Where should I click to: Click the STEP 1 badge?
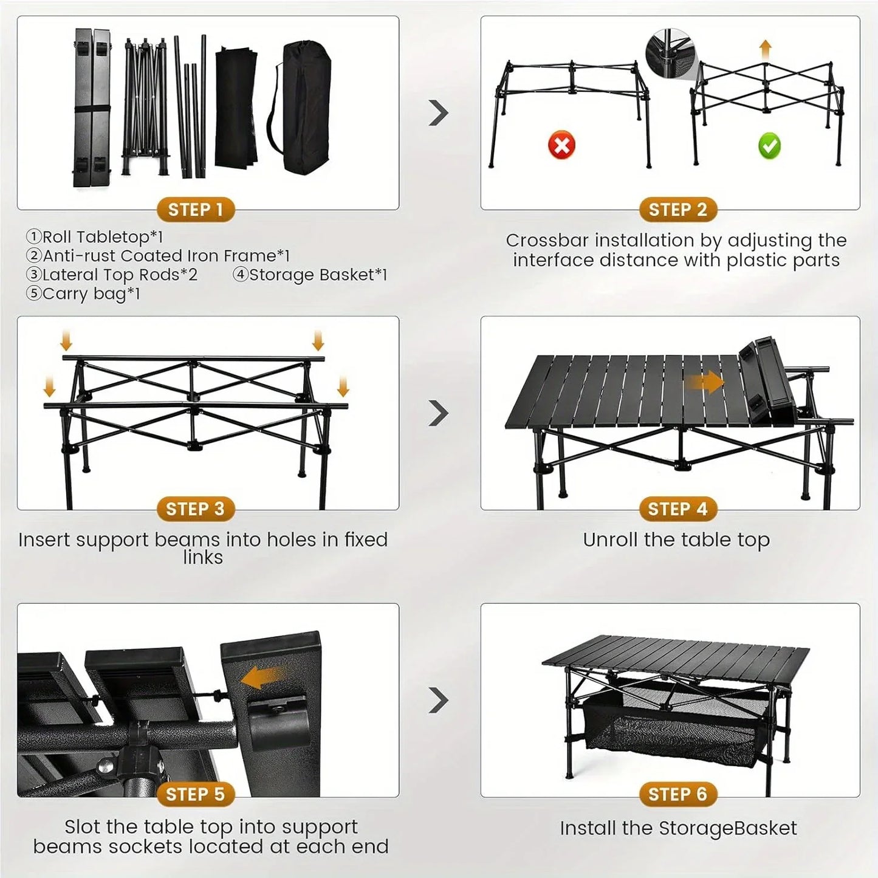(196, 210)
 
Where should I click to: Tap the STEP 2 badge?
(677, 210)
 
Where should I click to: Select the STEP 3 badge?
(196, 509)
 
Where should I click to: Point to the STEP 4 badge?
(677, 509)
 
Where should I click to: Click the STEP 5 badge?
(196, 794)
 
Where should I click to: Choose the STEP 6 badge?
(677, 794)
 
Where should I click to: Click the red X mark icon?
(561, 146)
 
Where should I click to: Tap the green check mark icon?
(769, 146)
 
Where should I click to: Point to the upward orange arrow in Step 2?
(766, 49)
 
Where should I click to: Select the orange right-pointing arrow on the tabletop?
(705, 383)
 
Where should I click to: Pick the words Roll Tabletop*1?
(102, 237)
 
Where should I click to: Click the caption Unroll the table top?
(676, 540)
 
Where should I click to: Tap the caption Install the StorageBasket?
(677, 828)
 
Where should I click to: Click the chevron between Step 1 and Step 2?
(438, 112)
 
